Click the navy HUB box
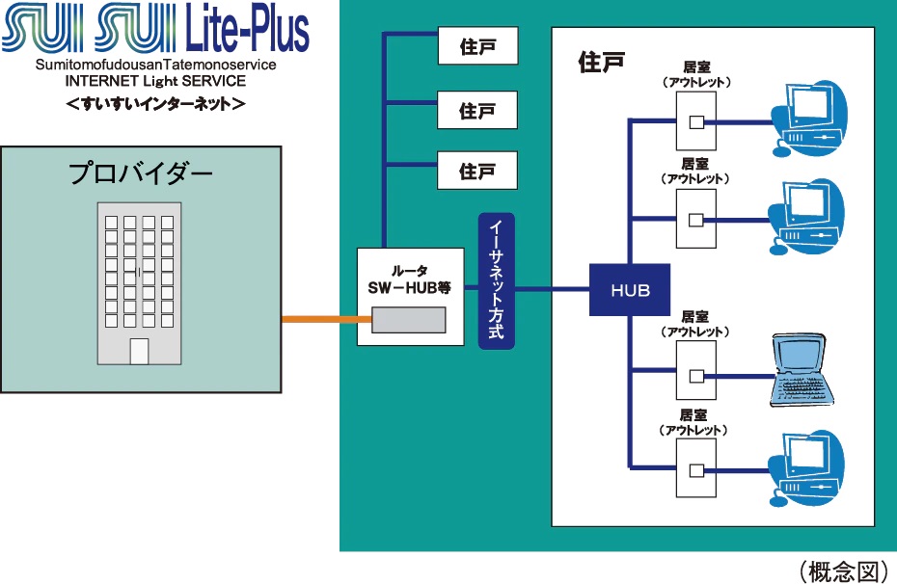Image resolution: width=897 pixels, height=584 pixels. pyautogui.click(x=630, y=289)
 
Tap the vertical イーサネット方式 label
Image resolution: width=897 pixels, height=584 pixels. pyautogui.click(x=497, y=280)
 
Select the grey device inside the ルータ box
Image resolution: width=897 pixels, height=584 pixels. pyautogui.click(x=409, y=320)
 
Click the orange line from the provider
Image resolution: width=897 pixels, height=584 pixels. pyautogui.click(x=319, y=319)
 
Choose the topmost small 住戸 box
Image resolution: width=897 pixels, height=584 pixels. pyautogui.click(x=477, y=46)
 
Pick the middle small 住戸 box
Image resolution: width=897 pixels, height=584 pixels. pyautogui.click(x=477, y=110)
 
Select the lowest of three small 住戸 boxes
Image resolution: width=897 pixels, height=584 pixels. pyautogui.click(x=477, y=171)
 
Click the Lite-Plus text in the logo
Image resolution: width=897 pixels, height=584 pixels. pyautogui.click(x=246, y=31)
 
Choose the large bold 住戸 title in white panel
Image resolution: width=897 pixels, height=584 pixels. pyautogui.click(x=602, y=63)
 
